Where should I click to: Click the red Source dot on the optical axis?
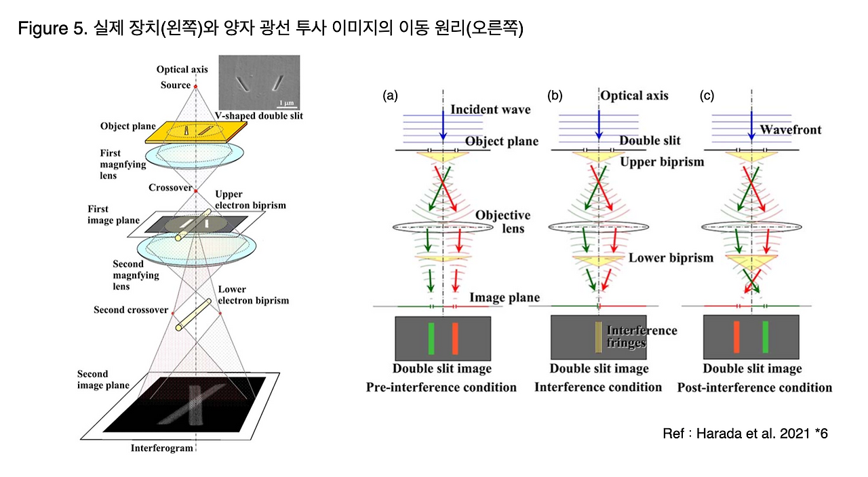196,86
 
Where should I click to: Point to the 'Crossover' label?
170,188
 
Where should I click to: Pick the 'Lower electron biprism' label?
254,295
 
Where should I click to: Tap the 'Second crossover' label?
131,310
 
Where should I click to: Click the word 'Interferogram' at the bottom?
162,449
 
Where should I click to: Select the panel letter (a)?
390,96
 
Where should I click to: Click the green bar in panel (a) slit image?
431,338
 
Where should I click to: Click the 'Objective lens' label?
502,222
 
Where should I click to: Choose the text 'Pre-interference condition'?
441,388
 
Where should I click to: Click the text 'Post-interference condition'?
754,388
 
